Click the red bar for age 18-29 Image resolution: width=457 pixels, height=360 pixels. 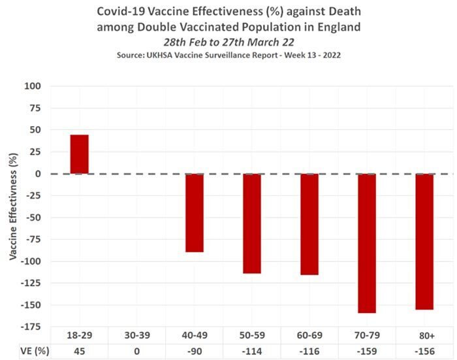80,154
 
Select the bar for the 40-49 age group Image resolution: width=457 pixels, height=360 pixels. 195,213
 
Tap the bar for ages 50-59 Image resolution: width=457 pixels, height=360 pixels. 252,223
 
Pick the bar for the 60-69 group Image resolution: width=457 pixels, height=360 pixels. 309,224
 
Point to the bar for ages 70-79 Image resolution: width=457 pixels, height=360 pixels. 367,243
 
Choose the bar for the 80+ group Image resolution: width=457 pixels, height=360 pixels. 424,242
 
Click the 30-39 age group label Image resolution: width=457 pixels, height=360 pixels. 137,335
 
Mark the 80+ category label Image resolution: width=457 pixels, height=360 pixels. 426,335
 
